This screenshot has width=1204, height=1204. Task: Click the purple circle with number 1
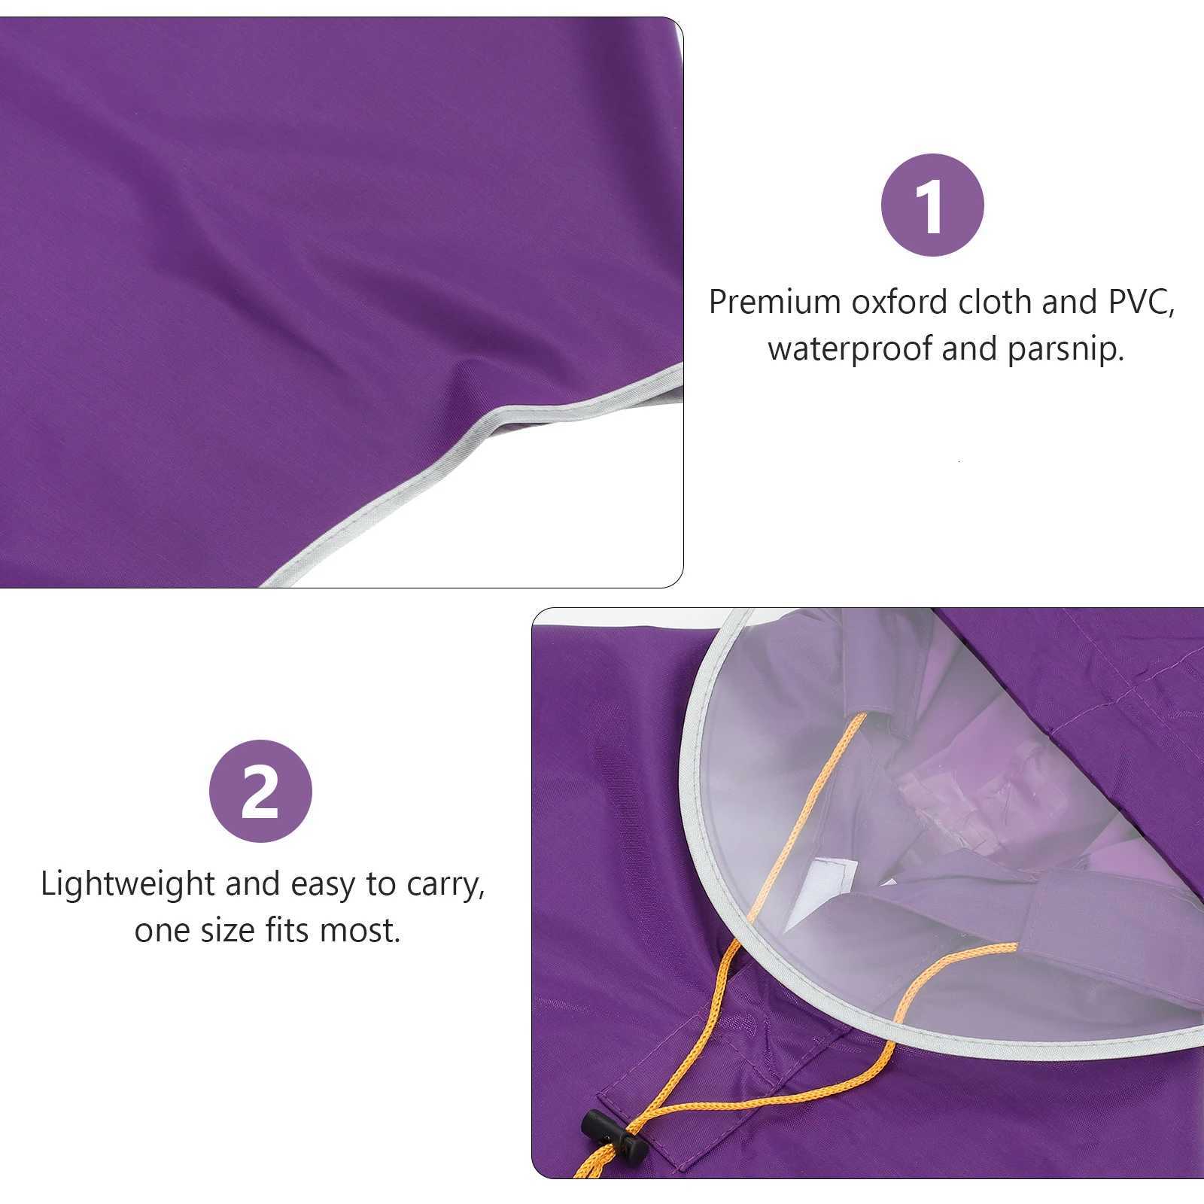932,205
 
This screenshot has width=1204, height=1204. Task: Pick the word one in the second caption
161,932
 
